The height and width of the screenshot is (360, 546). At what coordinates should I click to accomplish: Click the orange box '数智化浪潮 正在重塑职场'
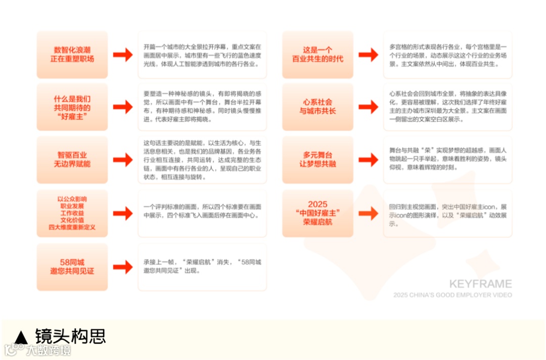tap(72, 55)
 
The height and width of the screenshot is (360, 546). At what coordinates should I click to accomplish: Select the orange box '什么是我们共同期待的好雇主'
tap(72, 107)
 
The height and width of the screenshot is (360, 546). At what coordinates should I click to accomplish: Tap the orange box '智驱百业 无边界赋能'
tap(72, 160)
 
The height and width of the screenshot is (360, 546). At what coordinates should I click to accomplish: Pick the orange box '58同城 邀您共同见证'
tap(72, 267)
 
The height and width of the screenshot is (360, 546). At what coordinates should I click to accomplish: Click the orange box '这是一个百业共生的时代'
tap(317, 55)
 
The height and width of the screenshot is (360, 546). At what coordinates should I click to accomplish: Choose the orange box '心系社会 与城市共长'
tap(317, 107)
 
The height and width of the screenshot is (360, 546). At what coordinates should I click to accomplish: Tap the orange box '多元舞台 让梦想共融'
tap(317, 160)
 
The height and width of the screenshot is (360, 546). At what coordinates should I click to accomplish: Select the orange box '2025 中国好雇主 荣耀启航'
tap(317, 213)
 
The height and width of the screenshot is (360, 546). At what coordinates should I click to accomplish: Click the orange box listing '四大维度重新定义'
tap(72, 213)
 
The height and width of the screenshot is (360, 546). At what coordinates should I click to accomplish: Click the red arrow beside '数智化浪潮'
tap(122, 55)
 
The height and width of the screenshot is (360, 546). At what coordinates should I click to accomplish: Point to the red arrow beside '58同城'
tap(122, 267)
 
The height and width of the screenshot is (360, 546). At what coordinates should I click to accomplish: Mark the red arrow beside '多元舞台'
tap(368, 160)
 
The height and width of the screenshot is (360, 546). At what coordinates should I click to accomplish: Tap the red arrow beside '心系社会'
tap(368, 107)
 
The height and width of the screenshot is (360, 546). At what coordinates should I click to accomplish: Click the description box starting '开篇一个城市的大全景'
tap(202, 55)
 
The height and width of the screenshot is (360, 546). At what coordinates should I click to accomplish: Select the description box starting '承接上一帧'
tap(202, 267)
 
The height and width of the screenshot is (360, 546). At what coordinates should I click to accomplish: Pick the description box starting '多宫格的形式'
tap(447, 55)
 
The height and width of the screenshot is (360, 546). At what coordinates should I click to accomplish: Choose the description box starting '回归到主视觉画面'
tap(447, 213)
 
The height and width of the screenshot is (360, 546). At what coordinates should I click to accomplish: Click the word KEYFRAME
tap(480, 284)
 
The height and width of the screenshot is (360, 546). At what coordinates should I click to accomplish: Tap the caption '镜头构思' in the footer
tap(70, 336)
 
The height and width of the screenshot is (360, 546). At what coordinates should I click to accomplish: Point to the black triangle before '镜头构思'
tap(21, 337)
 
